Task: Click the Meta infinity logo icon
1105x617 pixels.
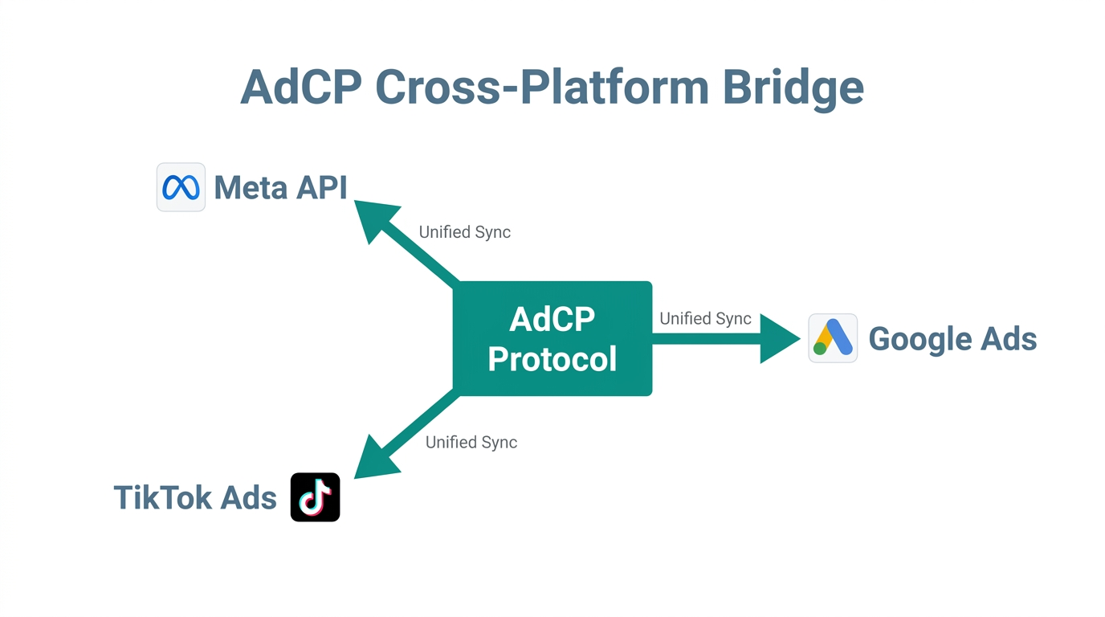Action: (181, 187)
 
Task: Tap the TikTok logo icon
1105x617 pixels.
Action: (315, 497)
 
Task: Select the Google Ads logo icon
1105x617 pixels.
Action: (833, 338)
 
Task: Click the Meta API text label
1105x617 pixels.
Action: (280, 188)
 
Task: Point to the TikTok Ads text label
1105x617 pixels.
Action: (195, 498)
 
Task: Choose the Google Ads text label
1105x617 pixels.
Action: (952, 339)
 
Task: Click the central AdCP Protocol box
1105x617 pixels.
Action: (552, 338)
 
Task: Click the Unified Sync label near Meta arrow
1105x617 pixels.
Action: (464, 232)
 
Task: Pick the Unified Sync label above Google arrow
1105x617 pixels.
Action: (705, 319)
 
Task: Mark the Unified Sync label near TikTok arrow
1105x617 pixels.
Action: (471, 443)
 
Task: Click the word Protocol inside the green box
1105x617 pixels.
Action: (552, 359)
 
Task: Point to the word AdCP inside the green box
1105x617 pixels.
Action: (552, 320)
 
